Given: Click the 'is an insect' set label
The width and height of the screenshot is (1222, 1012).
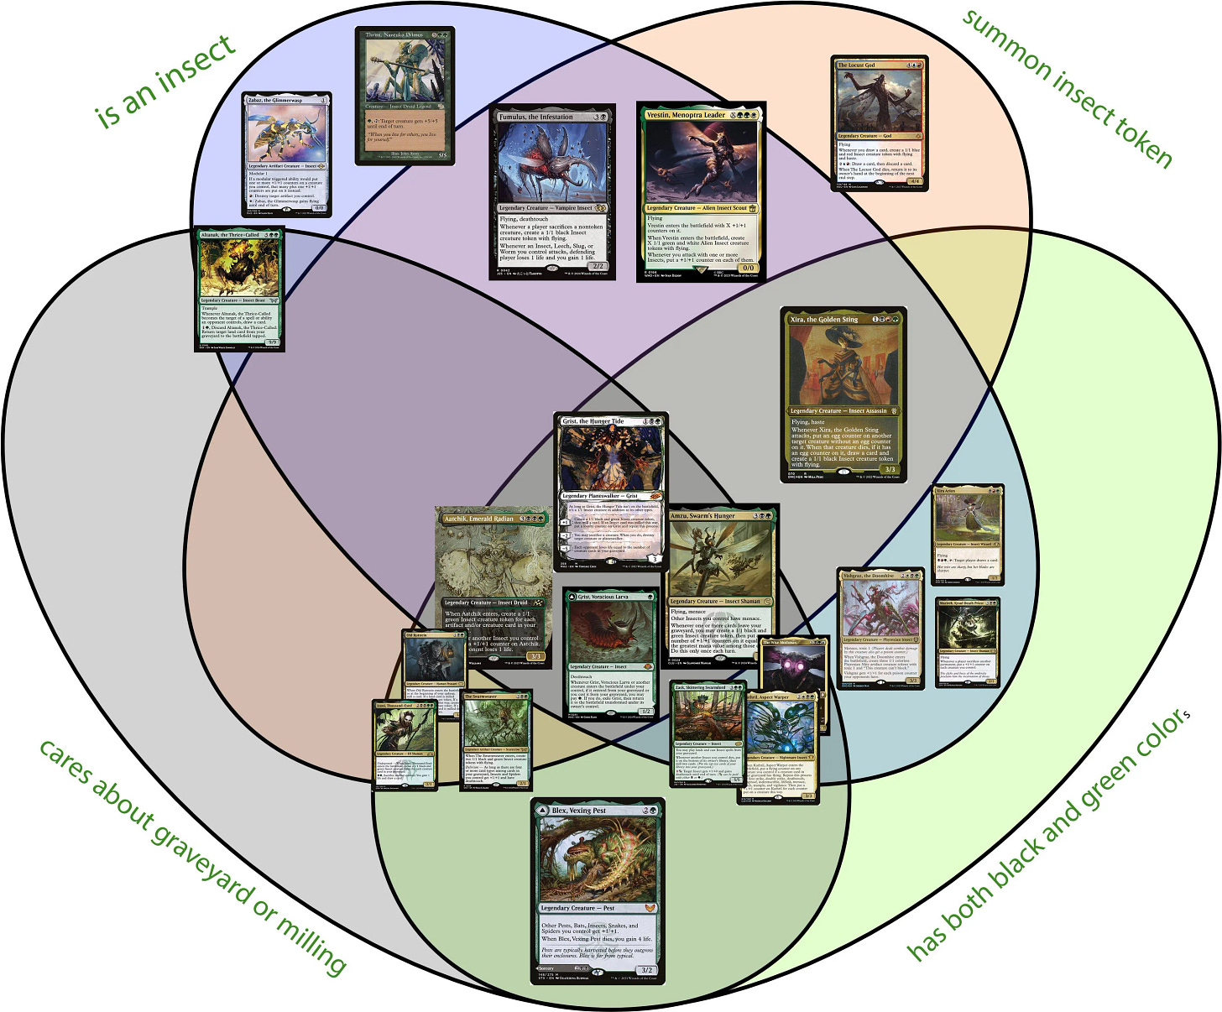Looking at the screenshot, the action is [165, 81].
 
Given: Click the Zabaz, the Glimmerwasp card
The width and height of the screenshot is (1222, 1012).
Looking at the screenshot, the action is [286, 154].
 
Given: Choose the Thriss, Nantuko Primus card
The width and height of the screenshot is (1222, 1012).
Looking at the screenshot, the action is [405, 95].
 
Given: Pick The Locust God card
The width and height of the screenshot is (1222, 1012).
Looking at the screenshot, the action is [880, 123].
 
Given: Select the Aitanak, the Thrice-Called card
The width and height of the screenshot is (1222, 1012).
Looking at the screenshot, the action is [239, 288].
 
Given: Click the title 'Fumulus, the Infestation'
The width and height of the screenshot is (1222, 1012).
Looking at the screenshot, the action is [536, 117].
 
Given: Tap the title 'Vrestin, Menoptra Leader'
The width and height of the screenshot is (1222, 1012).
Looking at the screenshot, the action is [686, 115].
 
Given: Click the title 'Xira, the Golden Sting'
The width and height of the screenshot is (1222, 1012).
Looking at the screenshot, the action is [824, 319].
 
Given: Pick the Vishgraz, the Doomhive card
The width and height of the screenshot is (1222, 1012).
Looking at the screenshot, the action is [880, 629].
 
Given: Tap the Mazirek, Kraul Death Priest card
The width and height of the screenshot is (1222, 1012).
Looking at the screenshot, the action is [968, 641].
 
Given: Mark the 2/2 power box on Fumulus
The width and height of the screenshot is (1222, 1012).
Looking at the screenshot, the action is [597, 266].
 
